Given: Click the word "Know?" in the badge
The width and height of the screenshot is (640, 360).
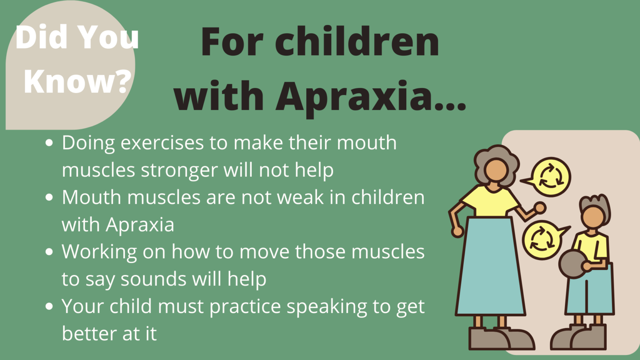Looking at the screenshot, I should [x=77, y=81].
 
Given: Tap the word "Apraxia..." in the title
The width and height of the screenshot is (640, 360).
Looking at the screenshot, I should [x=371, y=96].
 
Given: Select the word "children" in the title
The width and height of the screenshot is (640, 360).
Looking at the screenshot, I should [x=357, y=42].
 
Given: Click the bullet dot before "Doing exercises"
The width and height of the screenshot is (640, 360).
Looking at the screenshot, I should [x=49, y=143].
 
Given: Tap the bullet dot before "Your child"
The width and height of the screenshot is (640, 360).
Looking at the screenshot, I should [x=49, y=307].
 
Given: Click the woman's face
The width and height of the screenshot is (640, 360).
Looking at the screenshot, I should [x=495, y=170].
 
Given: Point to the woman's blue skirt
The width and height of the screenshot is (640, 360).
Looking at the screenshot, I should [x=491, y=267].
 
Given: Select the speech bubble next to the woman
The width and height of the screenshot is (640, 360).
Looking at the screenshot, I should [x=550, y=177].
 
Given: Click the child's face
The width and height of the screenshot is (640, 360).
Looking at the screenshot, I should [x=593, y=217].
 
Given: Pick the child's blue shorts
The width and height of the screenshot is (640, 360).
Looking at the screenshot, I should [x=589, y=292].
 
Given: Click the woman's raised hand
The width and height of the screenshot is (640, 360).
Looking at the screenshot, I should [x=540, y=207].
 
